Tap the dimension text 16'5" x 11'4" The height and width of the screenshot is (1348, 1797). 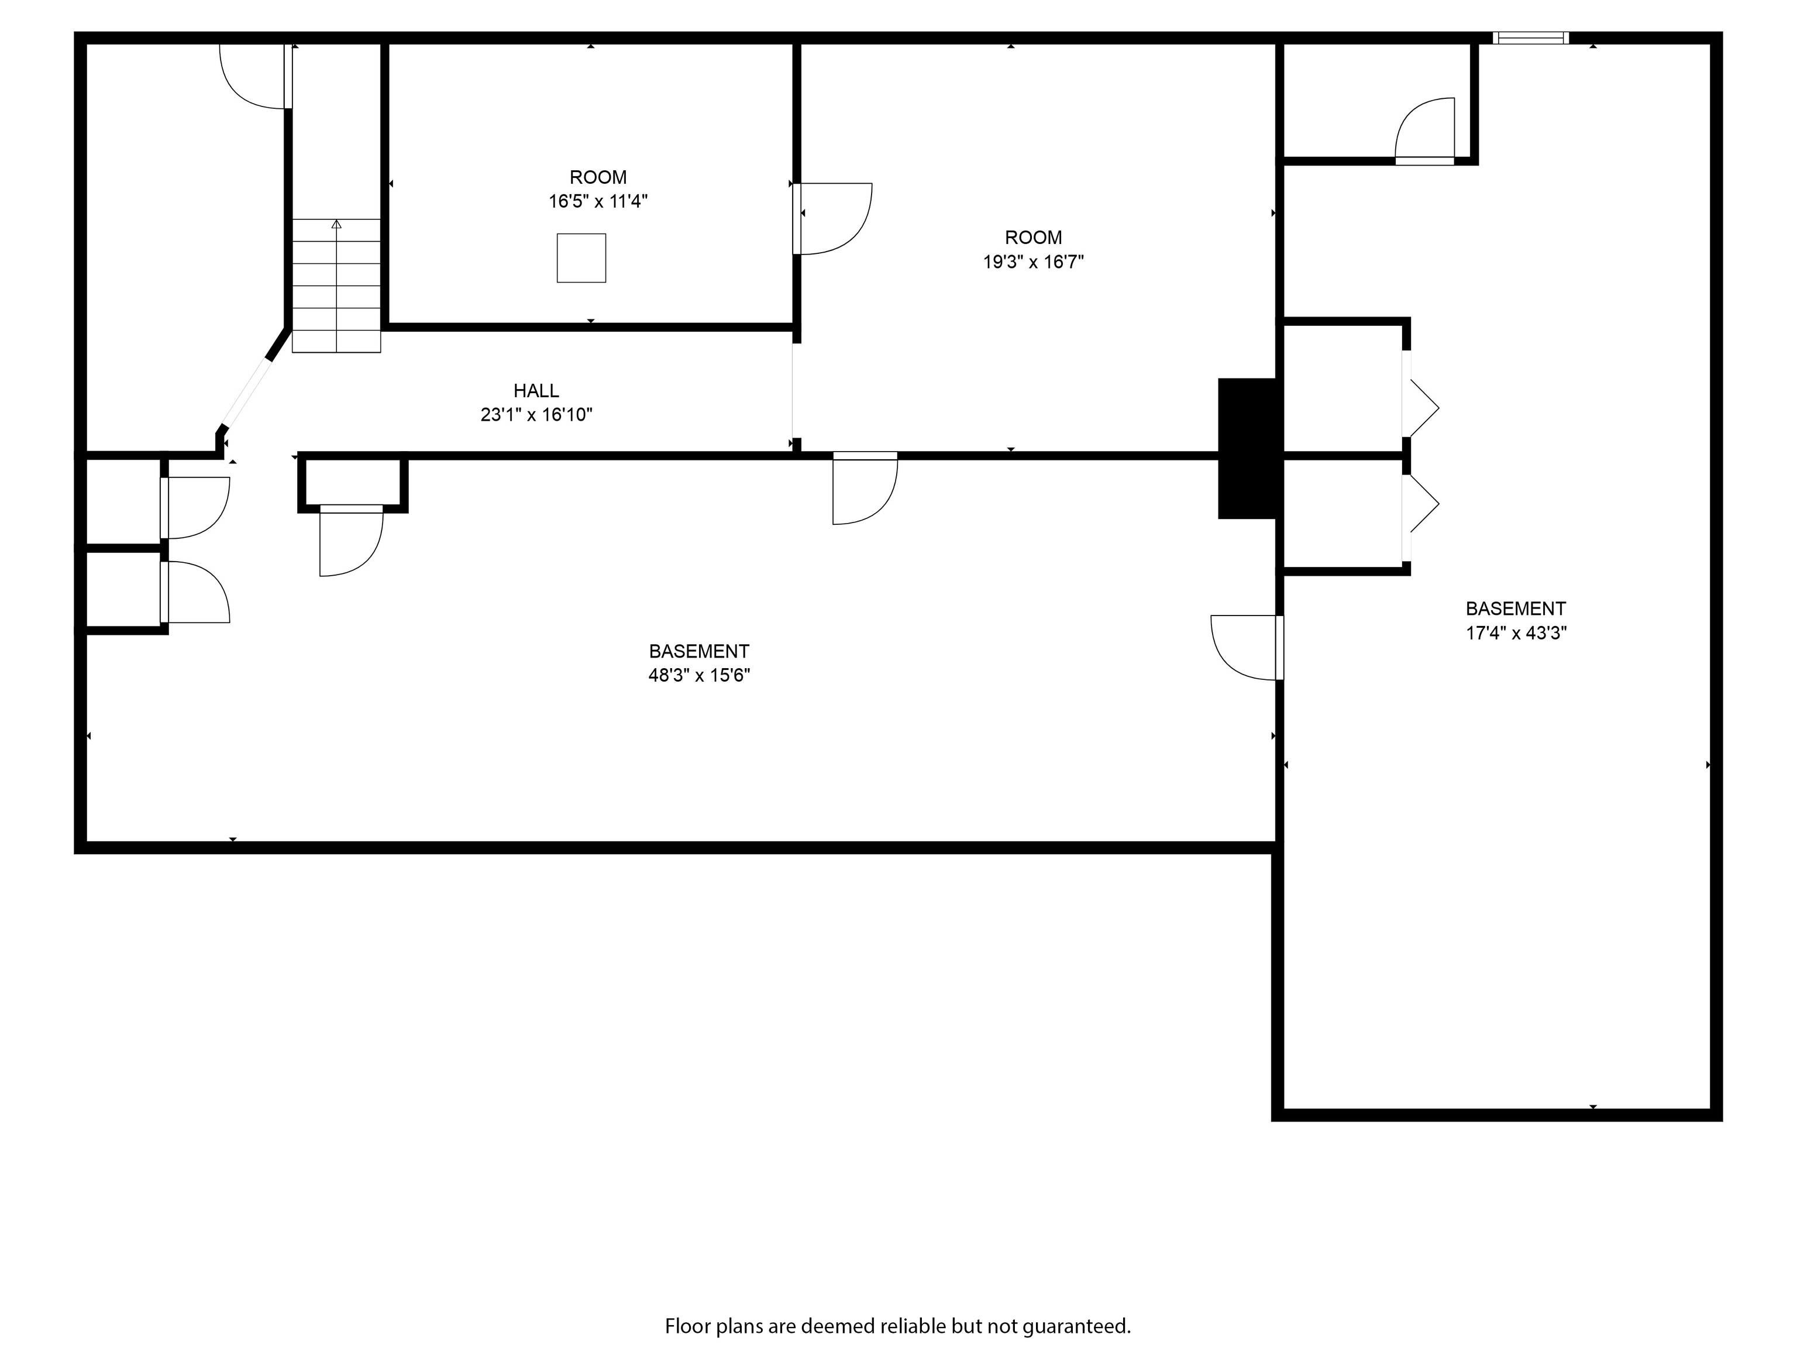598,201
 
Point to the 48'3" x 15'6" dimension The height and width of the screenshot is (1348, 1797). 698,675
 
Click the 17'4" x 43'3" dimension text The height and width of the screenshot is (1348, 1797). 1515,633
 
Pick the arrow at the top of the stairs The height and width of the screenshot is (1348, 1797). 336,224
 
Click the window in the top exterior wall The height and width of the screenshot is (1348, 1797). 1530,37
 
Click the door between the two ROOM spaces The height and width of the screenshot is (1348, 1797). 833,219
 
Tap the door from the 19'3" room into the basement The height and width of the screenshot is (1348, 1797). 865,489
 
